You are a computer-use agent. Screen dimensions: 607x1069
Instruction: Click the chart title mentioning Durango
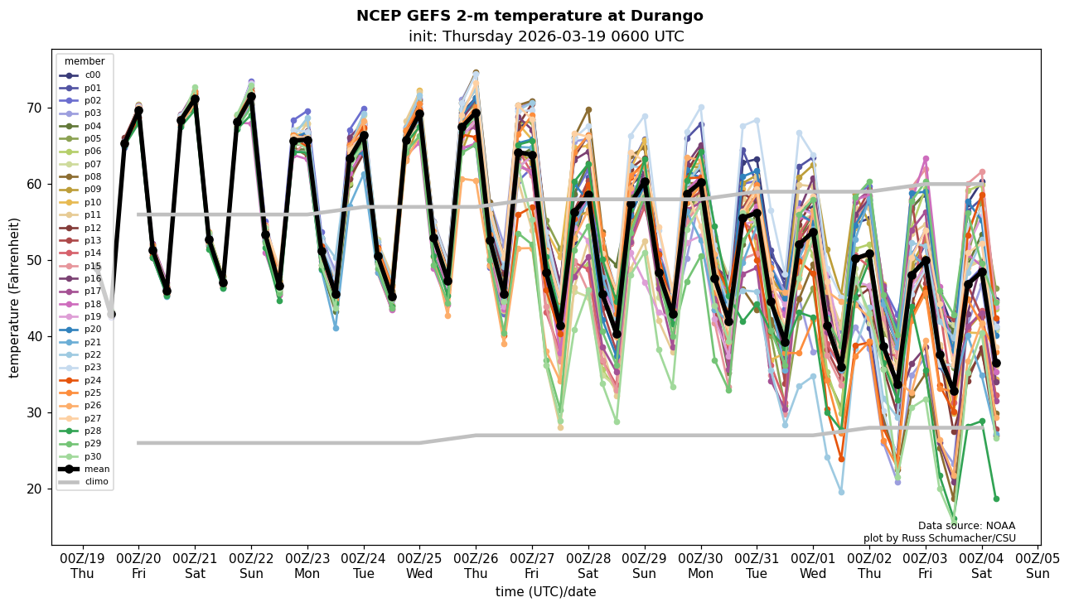click(530, 16)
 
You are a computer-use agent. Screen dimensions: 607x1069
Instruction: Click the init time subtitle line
click(546, 36)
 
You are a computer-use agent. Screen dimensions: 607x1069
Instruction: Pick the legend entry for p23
click(92, 368)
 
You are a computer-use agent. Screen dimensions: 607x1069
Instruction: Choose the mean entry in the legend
click(96, 469)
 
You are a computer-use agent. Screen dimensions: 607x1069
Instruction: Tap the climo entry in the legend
click(96, 481)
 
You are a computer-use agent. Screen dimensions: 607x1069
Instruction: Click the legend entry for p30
click(92, 456)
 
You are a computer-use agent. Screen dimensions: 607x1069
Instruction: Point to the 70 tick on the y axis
click(36, 108)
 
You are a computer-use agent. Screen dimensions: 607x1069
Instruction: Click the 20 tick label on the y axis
click(36, 489)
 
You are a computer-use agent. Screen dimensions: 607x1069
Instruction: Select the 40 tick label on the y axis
click(36, 336)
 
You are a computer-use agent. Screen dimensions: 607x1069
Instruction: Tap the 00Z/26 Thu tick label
click(476, 566)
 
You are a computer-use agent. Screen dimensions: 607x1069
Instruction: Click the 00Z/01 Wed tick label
click(813, 566)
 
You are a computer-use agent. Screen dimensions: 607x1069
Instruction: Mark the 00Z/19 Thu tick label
click(82, 566)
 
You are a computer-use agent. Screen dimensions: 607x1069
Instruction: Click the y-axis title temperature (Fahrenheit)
click(15, 297)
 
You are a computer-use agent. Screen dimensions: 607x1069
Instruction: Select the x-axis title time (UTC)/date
click(545, 592)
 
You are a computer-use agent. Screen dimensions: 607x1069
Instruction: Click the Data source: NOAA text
click(966, 526)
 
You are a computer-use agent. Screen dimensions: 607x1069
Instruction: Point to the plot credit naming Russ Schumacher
click(939, 538)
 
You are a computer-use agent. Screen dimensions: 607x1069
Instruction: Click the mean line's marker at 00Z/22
click(251, 97)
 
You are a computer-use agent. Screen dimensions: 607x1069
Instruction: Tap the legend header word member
click(85, 61)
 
